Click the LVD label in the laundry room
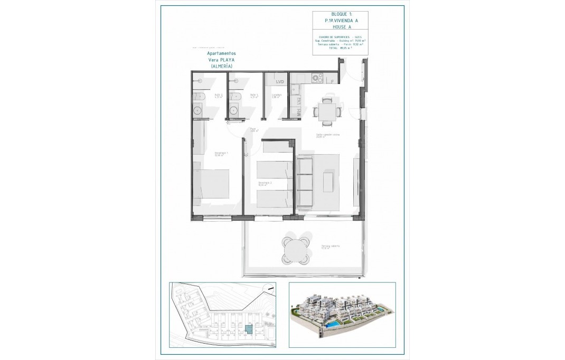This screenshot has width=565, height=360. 280,82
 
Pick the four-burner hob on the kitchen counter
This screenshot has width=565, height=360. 317,78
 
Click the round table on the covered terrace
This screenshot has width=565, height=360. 295,249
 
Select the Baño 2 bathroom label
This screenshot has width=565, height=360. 203,96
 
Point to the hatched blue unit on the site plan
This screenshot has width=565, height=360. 248,330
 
